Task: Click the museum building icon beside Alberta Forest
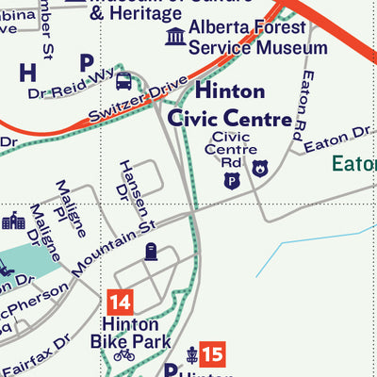tap(174, 37)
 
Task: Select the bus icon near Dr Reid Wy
tap(123, 81)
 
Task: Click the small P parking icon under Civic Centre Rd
tap(230, 179)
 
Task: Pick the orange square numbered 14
tap(120, 303)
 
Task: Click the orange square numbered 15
tap(215, 354)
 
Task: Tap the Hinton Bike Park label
tap(130, 332)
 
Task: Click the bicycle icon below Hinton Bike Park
tap(123, 355)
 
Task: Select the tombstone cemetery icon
tap(150, 251)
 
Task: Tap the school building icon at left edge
tap(12, 221)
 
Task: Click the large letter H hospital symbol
tap(27, 73)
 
